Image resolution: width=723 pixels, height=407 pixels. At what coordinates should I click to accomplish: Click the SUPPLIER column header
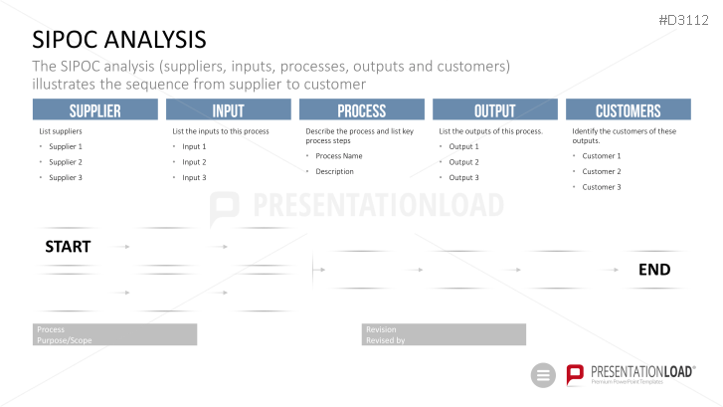95,109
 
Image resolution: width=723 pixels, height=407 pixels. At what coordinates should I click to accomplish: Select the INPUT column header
229,109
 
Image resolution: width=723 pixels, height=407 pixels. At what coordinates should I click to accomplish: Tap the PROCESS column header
362,109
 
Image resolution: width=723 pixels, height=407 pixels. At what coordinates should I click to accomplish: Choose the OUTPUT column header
494,109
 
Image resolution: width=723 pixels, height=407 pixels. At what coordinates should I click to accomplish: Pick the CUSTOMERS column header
628,109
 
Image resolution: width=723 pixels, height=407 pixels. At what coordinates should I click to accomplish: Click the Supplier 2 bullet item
66,162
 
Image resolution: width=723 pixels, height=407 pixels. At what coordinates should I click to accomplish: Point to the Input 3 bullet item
194,178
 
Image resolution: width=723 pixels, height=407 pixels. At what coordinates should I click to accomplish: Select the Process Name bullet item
339,156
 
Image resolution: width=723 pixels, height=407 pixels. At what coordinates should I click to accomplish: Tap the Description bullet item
334,172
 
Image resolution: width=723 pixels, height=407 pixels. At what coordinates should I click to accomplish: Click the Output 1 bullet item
463,146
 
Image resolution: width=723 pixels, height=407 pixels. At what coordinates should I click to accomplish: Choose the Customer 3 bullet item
602,187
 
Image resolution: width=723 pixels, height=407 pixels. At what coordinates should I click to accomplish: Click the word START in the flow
68,247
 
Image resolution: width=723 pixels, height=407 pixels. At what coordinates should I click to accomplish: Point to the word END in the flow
654,270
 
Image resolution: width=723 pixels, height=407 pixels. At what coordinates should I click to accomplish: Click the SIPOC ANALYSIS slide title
119,40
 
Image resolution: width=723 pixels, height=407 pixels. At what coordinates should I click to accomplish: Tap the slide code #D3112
683,20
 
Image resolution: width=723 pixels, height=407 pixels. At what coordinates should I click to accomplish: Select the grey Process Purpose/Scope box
114,334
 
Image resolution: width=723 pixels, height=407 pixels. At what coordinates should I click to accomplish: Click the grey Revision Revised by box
444,334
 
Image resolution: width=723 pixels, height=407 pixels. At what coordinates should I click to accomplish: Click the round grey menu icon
543,375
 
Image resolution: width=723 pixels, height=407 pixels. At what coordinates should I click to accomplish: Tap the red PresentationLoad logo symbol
575,374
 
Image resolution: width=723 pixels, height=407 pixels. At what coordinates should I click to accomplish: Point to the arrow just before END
614,270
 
